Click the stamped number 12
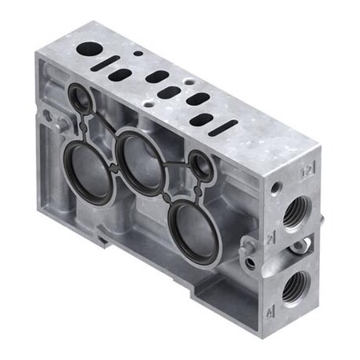[304, 171]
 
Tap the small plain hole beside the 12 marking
[276, 189]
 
